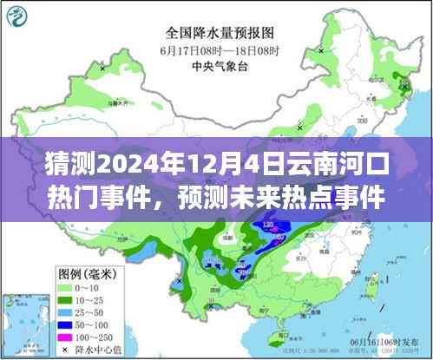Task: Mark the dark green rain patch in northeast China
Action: (402, 84)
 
